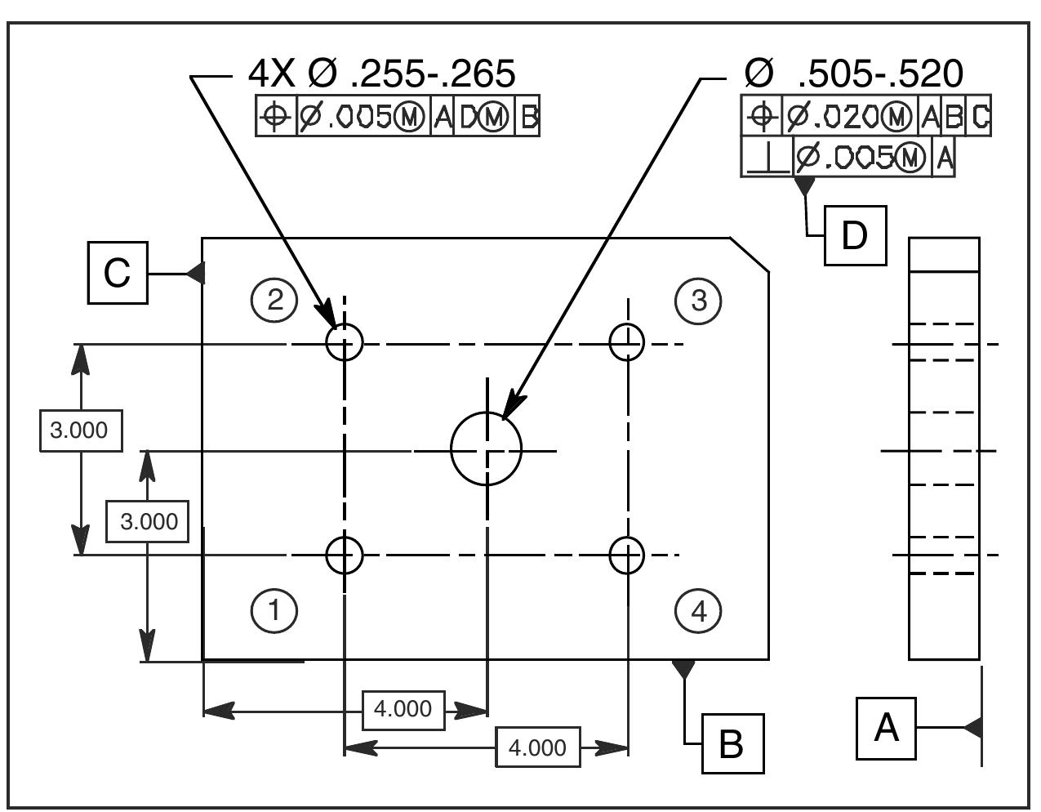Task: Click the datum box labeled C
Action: pos(118,273)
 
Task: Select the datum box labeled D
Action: pos(855,236)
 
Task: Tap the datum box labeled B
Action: pos(733,743)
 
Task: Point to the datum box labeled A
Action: pos(886,728)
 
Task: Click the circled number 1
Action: pos(274,610)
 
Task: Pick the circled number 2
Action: pos(274,301)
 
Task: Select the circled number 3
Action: pos(699,301)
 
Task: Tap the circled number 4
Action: pos(699,610)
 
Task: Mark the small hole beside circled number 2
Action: pos(345,341)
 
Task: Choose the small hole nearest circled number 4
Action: pos(627,555)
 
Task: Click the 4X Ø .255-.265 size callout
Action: pos(381,74)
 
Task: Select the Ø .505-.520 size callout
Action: pos(853,74)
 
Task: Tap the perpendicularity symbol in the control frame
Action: pos(766,157)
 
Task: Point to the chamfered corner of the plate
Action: pos(750,254)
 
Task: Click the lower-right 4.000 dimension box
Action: pos(537,747)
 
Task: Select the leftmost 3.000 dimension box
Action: pos(81,430)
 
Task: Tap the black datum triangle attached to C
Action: pos(195,273)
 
